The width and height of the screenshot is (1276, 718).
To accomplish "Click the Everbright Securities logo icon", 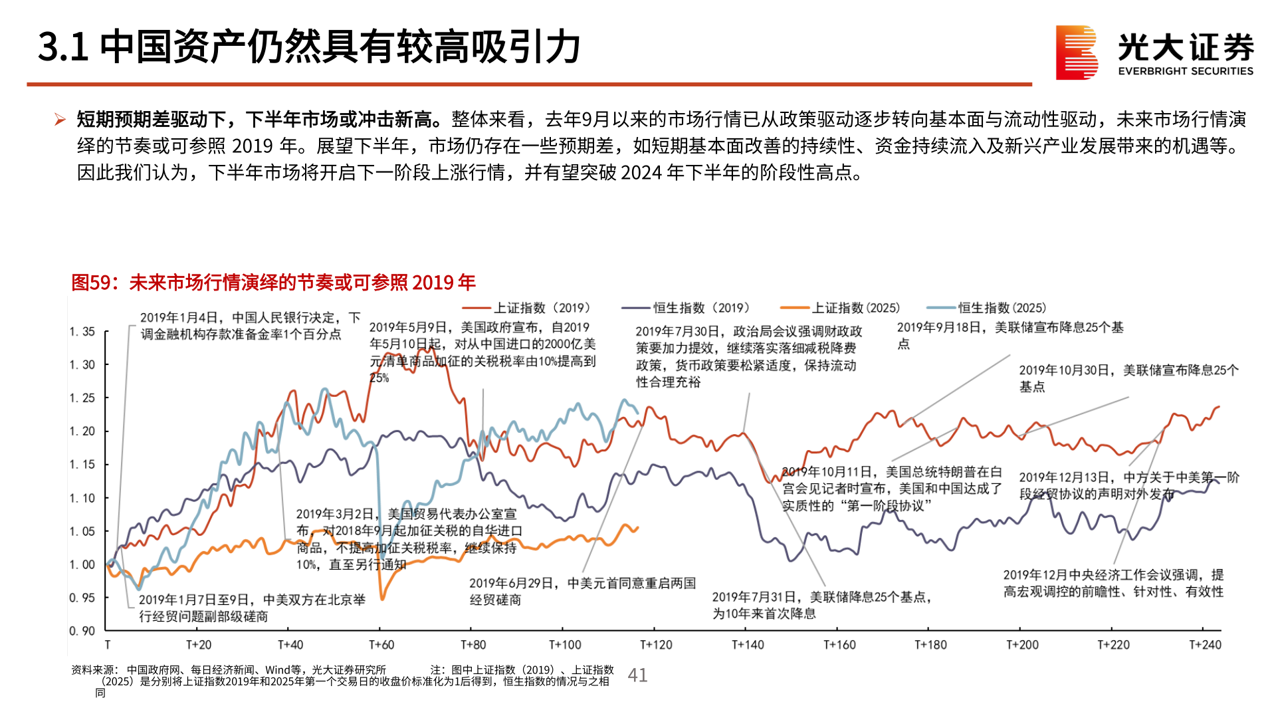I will pos(1076,53).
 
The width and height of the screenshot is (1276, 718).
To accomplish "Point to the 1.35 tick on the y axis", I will pos(82,332).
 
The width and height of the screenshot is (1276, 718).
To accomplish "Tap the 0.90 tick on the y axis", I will pos(82,631).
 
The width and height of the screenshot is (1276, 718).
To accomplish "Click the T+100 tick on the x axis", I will pos(565,645).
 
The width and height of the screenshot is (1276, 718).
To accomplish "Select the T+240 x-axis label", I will pos(1205,645).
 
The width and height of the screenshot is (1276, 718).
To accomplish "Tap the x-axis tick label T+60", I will pos(381,645).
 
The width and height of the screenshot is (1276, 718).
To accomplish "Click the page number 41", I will pos(637,675).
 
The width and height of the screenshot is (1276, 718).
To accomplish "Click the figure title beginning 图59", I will pos(273,283).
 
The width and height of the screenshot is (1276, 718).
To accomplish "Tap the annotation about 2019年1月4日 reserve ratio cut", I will pos(250,326).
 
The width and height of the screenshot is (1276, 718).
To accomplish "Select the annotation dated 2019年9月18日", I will pos(1010,335).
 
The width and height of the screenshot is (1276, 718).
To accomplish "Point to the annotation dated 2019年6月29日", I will pos(582,591).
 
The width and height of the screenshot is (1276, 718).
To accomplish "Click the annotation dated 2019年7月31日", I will pos(821,605).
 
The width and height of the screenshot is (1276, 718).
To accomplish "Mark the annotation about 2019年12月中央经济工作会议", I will pos(1113,583).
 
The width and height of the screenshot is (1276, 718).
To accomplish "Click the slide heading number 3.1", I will pos(63,47).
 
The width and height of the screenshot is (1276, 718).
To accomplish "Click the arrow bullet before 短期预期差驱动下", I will pos(60,120).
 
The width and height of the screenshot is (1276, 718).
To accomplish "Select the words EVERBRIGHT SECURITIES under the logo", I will pos(1186,71).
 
